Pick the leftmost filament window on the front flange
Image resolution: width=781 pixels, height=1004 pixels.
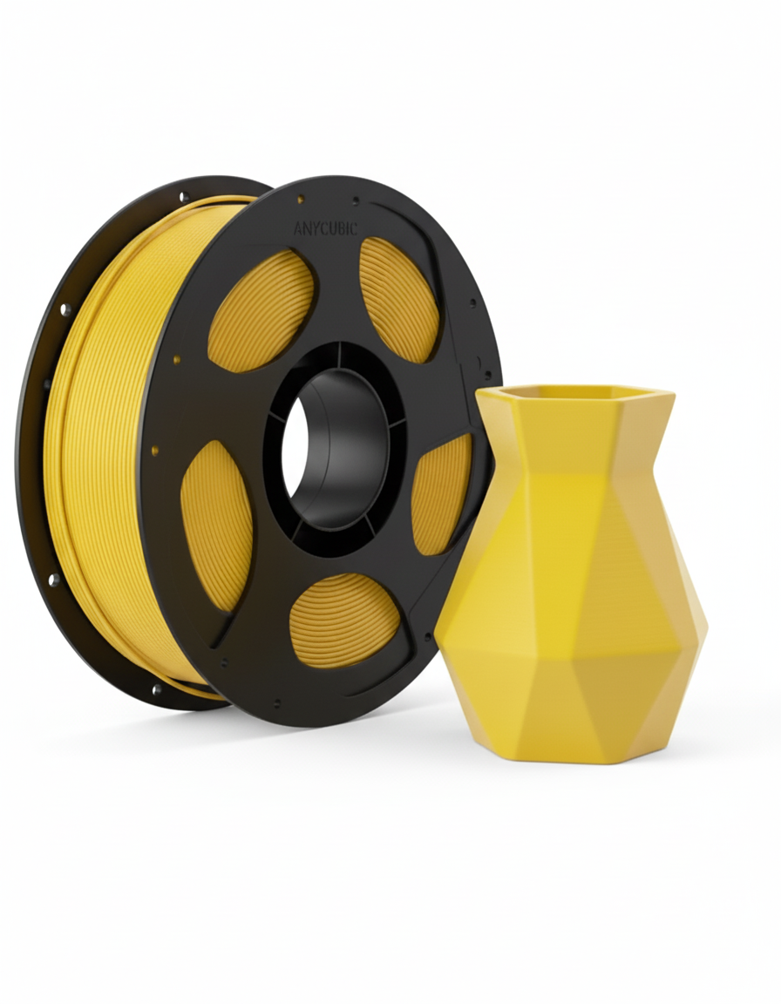[x=216, y=524]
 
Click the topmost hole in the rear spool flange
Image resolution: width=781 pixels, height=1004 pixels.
[x=184, y=198]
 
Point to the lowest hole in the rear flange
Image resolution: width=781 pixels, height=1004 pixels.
[x=157, y=689]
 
